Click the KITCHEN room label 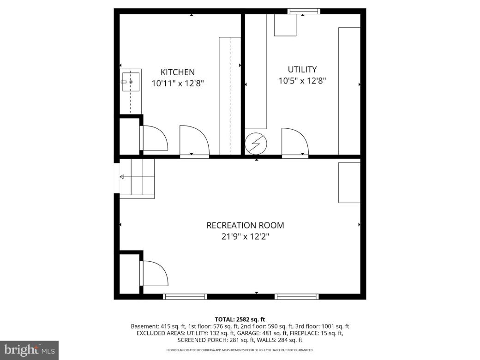pos(177,72)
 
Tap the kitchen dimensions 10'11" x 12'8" pos(177,84)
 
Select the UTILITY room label pos(302,69)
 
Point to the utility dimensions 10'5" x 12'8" pos(302,81)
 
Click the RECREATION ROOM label pos(245,225)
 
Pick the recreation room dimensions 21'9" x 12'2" pos(245,237)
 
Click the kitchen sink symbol pos(131,82)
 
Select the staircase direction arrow pos(123,177)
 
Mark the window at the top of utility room pos(303,11)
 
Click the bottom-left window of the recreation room pos(185,296)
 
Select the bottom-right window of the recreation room pos(296,296)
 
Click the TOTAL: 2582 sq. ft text pos(240,319)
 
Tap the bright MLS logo pos(29,350)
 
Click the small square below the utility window pos(285,25)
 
